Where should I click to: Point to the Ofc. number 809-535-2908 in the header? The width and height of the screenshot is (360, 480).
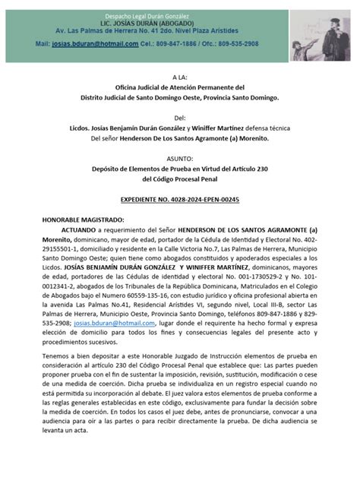click(251, 44)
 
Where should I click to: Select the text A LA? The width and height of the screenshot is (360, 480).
click(179, 77)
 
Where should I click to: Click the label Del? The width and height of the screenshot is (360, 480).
click(179, 118)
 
